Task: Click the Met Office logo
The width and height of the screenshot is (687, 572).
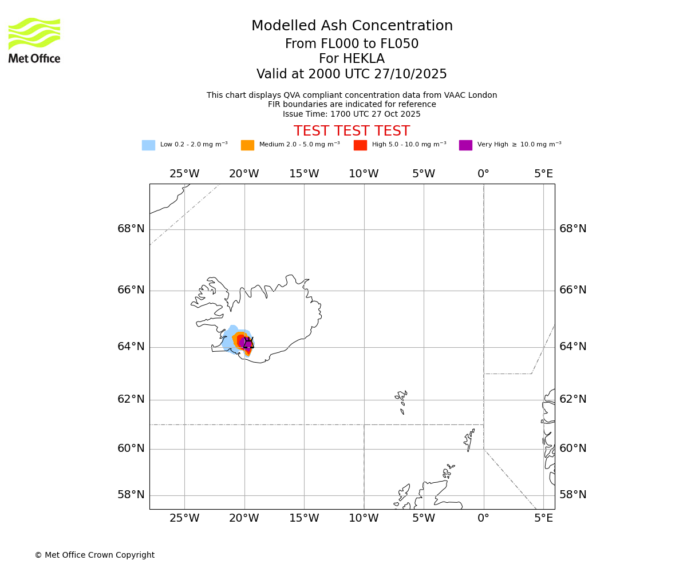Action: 34,40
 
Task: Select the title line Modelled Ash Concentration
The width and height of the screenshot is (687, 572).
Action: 352,26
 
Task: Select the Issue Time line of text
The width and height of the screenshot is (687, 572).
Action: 352,114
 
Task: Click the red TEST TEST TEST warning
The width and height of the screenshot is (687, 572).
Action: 352,132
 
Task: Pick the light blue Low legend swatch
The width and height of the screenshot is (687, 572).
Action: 148,145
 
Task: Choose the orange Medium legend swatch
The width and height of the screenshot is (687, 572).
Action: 247,145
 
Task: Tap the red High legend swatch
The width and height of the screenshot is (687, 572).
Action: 360,145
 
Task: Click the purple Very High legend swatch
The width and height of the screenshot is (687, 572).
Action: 465,145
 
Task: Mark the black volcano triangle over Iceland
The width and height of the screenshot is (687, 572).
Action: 248,343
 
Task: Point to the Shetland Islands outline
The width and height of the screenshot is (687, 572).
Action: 469,439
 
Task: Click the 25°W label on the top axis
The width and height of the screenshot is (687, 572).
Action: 184,174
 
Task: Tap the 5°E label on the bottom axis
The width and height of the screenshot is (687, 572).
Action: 543,518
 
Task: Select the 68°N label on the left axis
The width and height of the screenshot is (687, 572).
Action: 131,229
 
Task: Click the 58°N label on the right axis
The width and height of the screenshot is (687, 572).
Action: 572,495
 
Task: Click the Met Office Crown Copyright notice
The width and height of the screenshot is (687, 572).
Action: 94,555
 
